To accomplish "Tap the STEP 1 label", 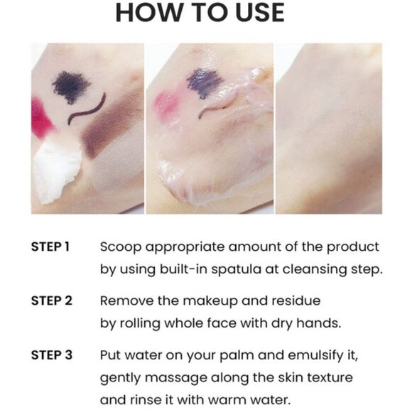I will [x=50, y=247].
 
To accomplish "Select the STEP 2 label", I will [x=51, y=300].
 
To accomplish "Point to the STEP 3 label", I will [x=51, y=354].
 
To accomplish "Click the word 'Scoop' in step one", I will [x=118, y=247].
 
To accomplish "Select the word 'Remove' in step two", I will [x=124, y=300].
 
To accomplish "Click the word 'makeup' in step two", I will [x=197, y=300].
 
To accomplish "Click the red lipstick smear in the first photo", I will [x=41, y=117].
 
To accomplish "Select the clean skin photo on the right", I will [x=327, y=128].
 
